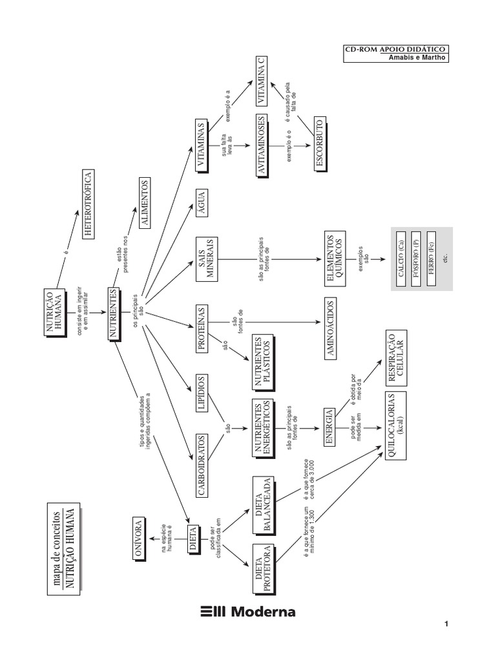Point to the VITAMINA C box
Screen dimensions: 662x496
(261, 80)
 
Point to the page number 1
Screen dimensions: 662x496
(446, 625)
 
